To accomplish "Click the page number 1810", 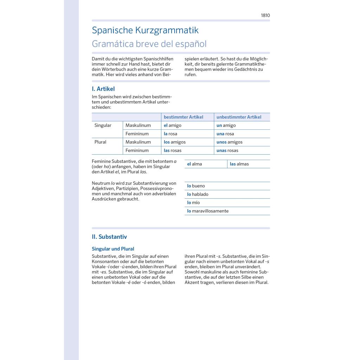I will coord(265,15).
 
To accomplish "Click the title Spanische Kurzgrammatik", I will coord(145,30).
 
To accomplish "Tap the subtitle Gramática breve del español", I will coord(149,44).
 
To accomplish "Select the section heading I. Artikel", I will coord(103,89).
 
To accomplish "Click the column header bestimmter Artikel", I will coord(183,117).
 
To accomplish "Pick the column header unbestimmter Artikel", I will coord(239,117).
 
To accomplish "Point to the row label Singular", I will coord(103,126).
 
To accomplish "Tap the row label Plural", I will coord(100,142).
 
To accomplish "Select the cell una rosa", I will coord(225,134).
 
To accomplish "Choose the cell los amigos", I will coord(174,142).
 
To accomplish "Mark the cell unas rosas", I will coord(227,150).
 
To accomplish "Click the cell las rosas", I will coord(173,150).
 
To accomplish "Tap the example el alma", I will coord(194,164).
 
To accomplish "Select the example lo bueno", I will coord(196,186).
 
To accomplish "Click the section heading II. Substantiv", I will coord(109,237).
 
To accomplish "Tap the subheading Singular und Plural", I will coord(113,249).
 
